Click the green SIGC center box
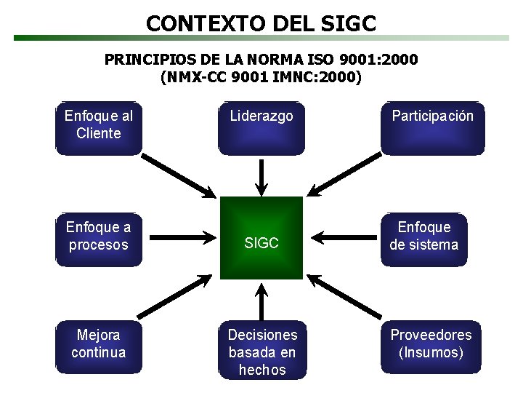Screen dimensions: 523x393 coord(261,238)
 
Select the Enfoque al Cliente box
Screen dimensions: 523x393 coord(99,128)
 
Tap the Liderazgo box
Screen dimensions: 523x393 coord(261,128)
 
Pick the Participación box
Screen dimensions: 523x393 coord(433,128)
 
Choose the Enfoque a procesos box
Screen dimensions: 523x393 coord(99,237)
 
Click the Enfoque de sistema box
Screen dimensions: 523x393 coord(424,237)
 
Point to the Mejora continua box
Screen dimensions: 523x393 coord(99,346)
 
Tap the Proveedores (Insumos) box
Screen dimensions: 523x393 coord(431,346)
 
